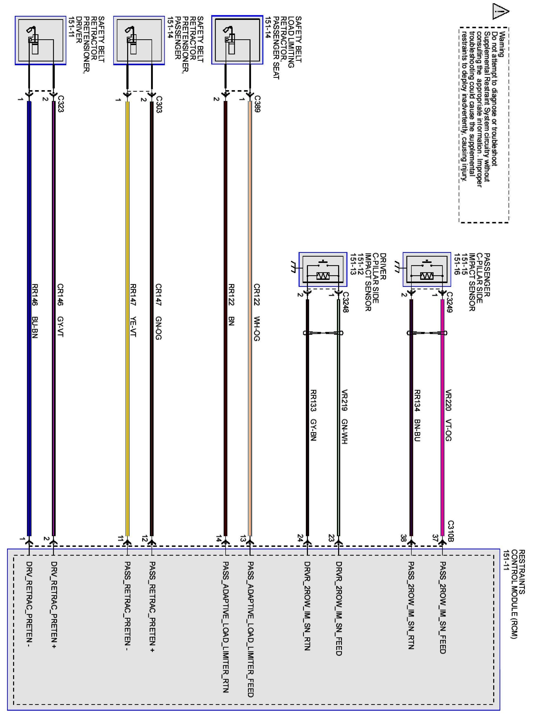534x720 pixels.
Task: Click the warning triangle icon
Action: (x=500, y=12)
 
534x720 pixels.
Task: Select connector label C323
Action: (x=60, y=104)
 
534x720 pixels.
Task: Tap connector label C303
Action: (x=159, y=104)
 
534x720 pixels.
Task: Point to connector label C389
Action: (x=257, y=104)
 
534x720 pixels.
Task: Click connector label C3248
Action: (x=345, y=302)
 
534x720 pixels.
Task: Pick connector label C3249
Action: (x=450, y=302)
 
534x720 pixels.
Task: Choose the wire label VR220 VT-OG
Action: (x=448, y=416)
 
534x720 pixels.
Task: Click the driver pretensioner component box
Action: (x=40, y=40)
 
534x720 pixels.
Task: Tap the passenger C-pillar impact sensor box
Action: (x=427, y=269)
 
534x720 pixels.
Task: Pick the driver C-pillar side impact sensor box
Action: (x=323, y=269)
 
